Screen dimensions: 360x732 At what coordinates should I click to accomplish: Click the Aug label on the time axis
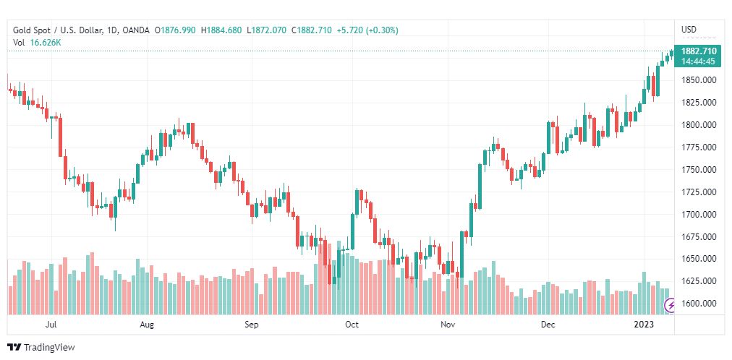[147, 325]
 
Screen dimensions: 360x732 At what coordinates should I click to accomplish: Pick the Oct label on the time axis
[352, 325]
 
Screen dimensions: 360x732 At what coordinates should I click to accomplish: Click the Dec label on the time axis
[548, 325]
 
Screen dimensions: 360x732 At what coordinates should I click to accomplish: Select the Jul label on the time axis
[51, 325]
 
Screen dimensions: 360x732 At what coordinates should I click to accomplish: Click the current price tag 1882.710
[699, 51]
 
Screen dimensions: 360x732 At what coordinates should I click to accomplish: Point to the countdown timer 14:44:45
[699, 61]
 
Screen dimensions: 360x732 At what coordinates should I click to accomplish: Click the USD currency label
[689, 30]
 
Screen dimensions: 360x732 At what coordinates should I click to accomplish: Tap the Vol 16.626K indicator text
[37, 43]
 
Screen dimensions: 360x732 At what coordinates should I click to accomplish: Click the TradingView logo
[41, 348]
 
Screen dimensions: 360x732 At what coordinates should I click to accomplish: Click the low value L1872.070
[267, 30]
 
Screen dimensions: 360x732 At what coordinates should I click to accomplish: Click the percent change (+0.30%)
[380, 30]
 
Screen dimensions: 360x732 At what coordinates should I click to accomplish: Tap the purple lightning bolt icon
[670, 305]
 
